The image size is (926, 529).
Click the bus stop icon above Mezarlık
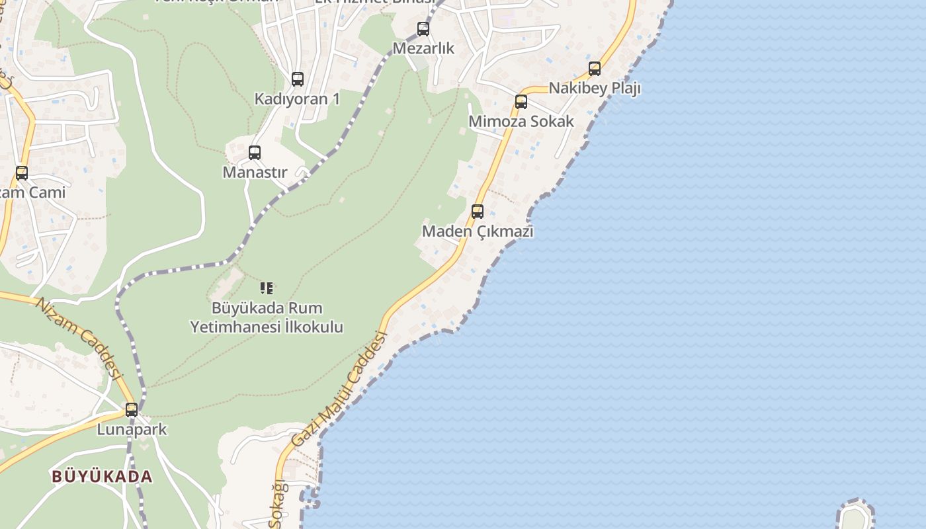pyautogui.click(x=423, y=29)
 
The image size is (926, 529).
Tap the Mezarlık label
pyautogui.click(x=423, y=48)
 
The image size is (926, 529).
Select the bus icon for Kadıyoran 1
pyautogui.click(x=298, y=79)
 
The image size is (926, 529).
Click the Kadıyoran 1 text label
pyautogui.click(x=298, y=99)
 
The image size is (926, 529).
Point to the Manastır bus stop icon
pyautogui.click(x=255, y=153)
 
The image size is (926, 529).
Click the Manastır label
pyautogui.click(x=255, y=173)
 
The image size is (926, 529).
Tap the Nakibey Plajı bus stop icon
pyautogui.click(x=595, y=69)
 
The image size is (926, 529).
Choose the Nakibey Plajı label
pyautogui.click(x=595, y=88)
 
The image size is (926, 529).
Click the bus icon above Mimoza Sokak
pyautogui.click(x=521, y=102)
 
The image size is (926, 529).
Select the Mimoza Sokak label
pyautogui.click(x=521, y=122)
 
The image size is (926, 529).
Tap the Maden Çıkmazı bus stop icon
pyautogui.click(x=478, y=212)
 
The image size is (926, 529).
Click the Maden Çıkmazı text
pyautogui.click(x=478, y=231)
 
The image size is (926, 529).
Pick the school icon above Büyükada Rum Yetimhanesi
pyautogui.click(x=267, y=288)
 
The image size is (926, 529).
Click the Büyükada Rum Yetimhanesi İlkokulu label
pyautogui.click(x=267, y=317)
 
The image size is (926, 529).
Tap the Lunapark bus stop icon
pyautogui.click(x=132, y=410)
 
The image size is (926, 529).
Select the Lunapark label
pyautogui.click(x=132, y=430)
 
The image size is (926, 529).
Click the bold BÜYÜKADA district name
pyautogui.click(x=102, y=476)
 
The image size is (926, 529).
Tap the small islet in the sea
pyautogui.click(x=855, y=516)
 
